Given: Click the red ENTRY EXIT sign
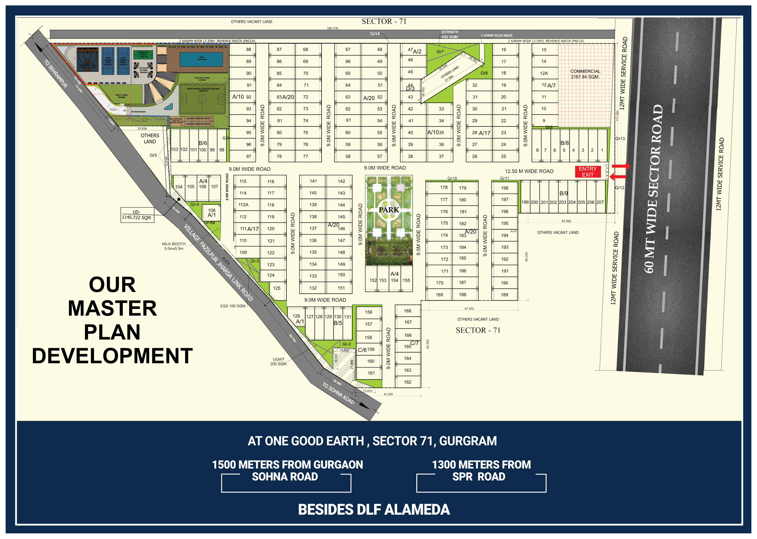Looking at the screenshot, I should pos(587,172).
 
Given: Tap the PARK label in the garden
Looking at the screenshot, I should pos(389,210).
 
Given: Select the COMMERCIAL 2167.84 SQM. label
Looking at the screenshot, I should pos(585,74).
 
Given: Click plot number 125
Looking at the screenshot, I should pos(277,288).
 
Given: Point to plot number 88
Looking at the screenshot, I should pos(249,49).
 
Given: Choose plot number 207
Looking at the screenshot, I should pos(600,202).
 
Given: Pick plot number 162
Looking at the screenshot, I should pos(408,382).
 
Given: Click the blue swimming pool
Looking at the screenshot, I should pos(201,59).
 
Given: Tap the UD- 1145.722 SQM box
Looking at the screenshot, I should pos(137,215).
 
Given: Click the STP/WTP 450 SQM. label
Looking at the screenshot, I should pos(450,35).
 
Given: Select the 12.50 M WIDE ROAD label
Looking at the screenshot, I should pos(529,171).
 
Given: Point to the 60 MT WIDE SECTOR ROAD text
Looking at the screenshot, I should pos(654,189).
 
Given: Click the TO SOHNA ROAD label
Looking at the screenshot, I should pos(338,393).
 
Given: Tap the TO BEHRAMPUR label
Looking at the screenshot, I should pos(56,74).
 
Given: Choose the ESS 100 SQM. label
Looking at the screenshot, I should pos(233,306).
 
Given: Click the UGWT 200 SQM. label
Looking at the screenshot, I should pos(279,361).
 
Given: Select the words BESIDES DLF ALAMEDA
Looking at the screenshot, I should pos(374,509).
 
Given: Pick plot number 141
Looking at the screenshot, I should pos(313,181).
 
